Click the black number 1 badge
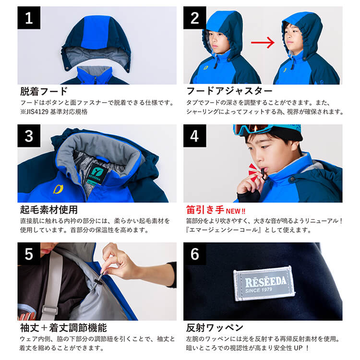click(29, 18)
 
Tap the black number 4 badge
click(195, 136)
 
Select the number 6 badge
click(195, 254)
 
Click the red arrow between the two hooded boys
click(263, 43)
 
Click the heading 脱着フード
click(44, 91)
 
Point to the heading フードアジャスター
click(229, 91)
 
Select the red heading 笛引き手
click(205, 210)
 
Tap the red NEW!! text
click(236, 211)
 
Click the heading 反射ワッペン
click(215, 328)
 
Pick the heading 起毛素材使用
click(49, 210)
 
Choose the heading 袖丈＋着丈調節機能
click(63, 328)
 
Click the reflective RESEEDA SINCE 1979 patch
click(264, 284)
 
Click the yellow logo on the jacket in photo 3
click(58, 190)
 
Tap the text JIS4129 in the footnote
click(36, 112)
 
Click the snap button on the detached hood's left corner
click(67, 68)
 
